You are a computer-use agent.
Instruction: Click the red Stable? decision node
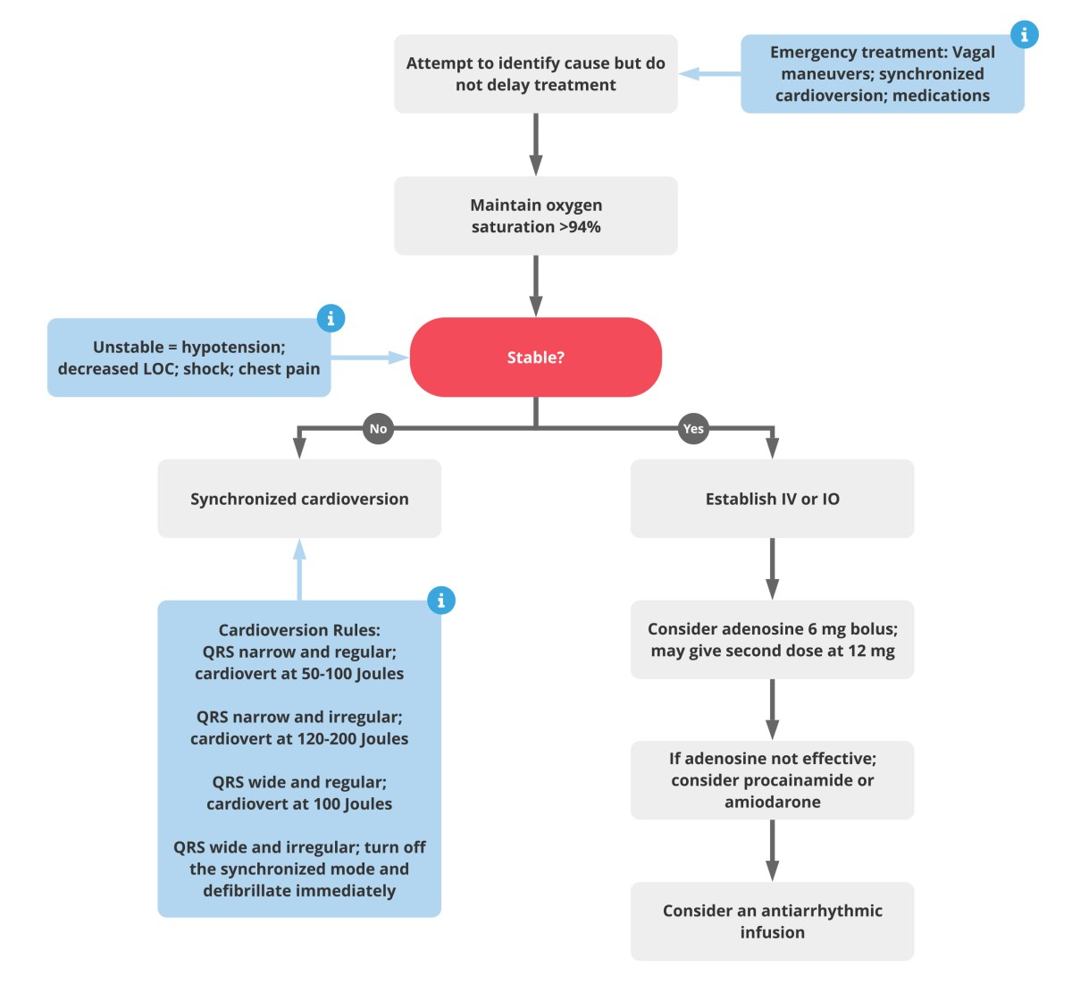(x=535, y=357)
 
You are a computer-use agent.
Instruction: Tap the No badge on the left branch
(x=378, y=429)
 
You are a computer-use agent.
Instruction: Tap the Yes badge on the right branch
(x=693, y=429)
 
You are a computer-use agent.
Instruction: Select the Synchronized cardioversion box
(x=299, y=499)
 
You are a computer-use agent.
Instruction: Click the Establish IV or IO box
(x=772, y=499)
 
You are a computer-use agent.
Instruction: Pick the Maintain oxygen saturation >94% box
(x=535, y=216)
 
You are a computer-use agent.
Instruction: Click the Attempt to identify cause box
(x=535, y=74)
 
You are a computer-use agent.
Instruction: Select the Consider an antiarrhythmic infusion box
(x=772, y=921)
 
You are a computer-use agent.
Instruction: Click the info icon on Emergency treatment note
(x=1024, y=35)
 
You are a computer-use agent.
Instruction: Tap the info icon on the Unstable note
(x=331, y=318)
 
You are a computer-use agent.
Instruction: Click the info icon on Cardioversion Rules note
(x=440, y=600)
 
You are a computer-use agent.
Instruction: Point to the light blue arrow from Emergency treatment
(x=709, y=74)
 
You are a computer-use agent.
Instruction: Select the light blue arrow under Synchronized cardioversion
(x=299, y=569)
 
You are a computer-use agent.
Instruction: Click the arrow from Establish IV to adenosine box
(x=772, y=568)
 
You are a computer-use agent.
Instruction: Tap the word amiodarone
(x=772, y=802)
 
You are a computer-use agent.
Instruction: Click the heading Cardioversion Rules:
(x=299, y=630)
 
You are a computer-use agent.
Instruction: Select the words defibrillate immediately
(x=299, y=891)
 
